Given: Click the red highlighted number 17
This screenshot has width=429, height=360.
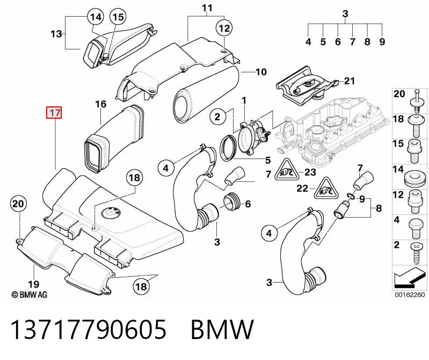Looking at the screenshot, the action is pyautogui.click(x=54, y=112).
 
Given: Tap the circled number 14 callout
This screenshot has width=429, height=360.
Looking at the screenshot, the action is pyautogui.click(x=96, y=17).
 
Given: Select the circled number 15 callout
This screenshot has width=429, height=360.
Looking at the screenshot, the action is pyautogui.click(x=118, y=17).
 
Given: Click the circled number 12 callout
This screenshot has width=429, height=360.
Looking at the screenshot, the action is pyautogui.click(x=224, y=28).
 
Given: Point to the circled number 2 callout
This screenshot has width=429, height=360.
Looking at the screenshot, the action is pyautogui.click(x=217, y=117).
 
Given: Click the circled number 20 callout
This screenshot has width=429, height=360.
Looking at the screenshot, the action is pyautogui.click(x=18, y=204).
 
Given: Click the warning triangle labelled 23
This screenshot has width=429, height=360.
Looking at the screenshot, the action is pyautogui.click(x=285, y=171).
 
